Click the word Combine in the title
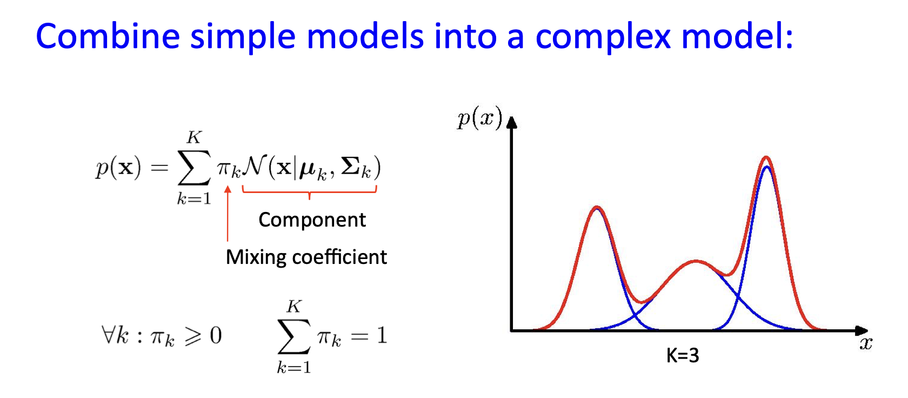point(108,36)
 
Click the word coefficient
point(339,257)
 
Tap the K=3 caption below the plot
point(683,355)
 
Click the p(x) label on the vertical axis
point(479,119)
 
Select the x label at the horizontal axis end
point(866,344)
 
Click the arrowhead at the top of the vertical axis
point(512,122)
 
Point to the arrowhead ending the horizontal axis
point(862,330)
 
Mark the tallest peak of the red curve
point(766,157)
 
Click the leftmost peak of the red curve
point(597,208)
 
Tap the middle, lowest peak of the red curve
point(696,262)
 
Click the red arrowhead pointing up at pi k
point(228,189)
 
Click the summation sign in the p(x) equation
point(194,168)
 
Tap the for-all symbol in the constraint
point(109,335)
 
